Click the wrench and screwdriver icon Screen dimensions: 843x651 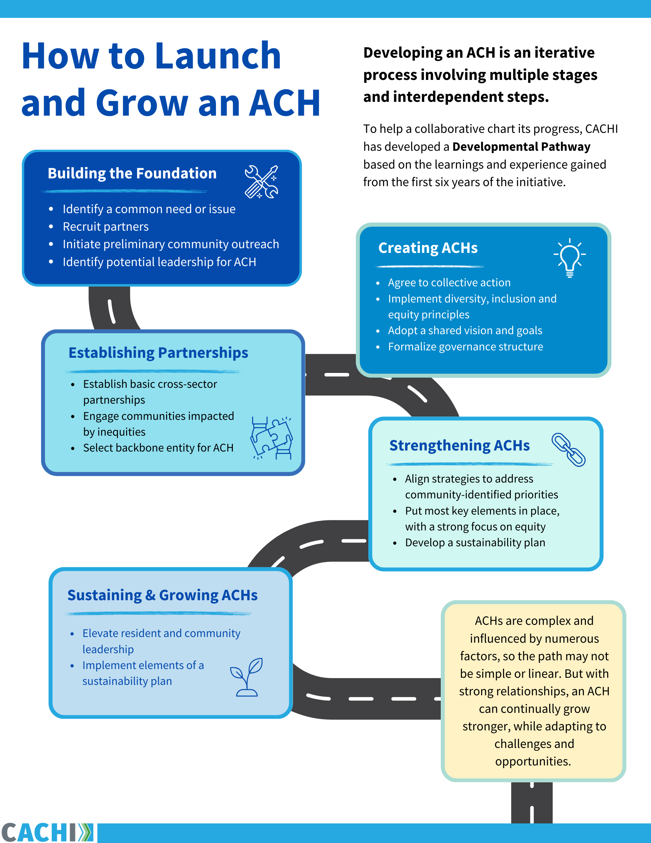261,182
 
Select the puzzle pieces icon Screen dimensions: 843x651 272,438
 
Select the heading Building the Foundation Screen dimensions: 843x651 132,173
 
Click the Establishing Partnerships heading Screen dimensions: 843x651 158,353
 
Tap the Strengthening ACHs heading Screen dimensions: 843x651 459,445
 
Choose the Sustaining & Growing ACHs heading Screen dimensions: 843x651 162,595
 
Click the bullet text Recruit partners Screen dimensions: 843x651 106,227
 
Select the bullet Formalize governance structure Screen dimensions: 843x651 465,347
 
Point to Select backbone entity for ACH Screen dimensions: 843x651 158,448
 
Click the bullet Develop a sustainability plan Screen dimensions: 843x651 475,543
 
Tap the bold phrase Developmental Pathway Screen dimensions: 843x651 521,147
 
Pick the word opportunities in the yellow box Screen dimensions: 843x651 533,761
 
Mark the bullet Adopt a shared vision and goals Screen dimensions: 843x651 465,330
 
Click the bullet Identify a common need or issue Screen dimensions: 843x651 149,209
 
